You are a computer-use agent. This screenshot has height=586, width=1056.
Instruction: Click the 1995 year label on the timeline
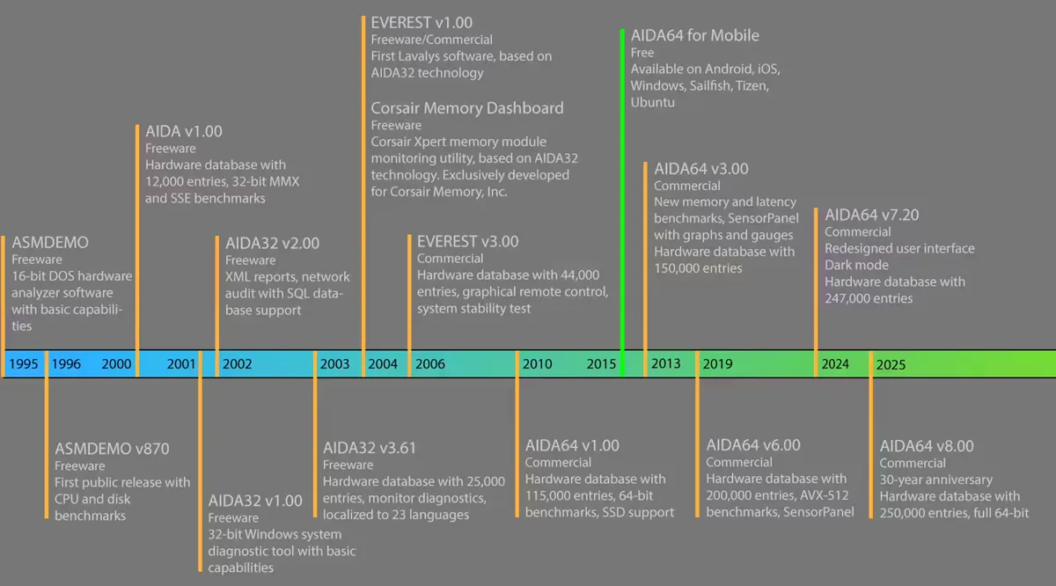(x=24, y=364)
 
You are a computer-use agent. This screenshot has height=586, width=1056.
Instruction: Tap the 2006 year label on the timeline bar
(x=430, y=364)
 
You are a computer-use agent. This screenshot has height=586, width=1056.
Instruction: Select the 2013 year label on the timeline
(x=665, y=363)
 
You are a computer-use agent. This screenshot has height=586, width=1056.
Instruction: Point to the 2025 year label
(x=891, y=364)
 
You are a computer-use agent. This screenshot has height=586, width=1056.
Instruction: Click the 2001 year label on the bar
(x=181, y=364)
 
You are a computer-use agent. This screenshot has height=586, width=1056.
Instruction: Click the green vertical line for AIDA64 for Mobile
(x=622, y=202)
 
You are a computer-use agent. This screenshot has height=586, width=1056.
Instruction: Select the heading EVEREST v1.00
(x=422, y=23)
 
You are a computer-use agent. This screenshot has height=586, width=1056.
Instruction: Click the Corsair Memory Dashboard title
(x=466, y=108)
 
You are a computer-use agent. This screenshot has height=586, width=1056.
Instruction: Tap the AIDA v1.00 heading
(x=183, y=131)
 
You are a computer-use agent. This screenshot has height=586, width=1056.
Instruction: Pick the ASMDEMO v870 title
(x=112, y=449)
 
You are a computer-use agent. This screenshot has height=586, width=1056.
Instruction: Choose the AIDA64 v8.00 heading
(x=927, y=446)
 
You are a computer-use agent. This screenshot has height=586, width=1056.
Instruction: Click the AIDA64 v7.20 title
(x=872, y=215)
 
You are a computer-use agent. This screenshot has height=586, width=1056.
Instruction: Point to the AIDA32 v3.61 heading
(x=369, y=447)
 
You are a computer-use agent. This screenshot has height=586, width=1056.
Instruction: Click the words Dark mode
(x=856, y=265)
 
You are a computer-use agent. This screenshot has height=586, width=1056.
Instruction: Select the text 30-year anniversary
(x=935, y=480)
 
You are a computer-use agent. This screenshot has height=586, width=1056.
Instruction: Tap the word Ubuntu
(x=652, y=102)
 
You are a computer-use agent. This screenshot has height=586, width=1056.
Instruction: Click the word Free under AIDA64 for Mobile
(x=642, y=52)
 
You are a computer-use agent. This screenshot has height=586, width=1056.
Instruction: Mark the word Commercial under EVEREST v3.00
(x=450, y=259)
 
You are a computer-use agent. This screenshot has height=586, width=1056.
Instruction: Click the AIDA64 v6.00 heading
(x=753, y=444)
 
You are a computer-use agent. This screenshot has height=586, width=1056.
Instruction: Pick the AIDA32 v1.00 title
(x=255, y=500)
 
